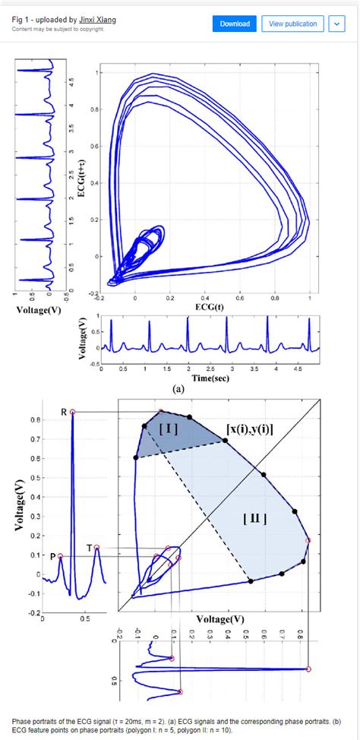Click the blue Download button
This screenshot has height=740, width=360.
tap(235, 24)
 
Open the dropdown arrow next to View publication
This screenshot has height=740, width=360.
tap(336, 24)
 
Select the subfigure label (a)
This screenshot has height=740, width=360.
tap(179, 387)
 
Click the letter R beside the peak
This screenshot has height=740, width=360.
tap(64, 413)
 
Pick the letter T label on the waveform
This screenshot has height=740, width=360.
tap(89, 548)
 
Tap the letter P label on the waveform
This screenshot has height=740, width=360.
tap(52, 556)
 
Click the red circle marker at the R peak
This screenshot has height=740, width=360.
tap(73, 412)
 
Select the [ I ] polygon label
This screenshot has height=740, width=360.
tap(169, 429)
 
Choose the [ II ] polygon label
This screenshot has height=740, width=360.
tap(254, 519)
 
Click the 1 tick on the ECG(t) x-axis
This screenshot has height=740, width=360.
tap(310, 299)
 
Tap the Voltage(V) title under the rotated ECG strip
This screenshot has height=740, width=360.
tap(38, 309)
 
